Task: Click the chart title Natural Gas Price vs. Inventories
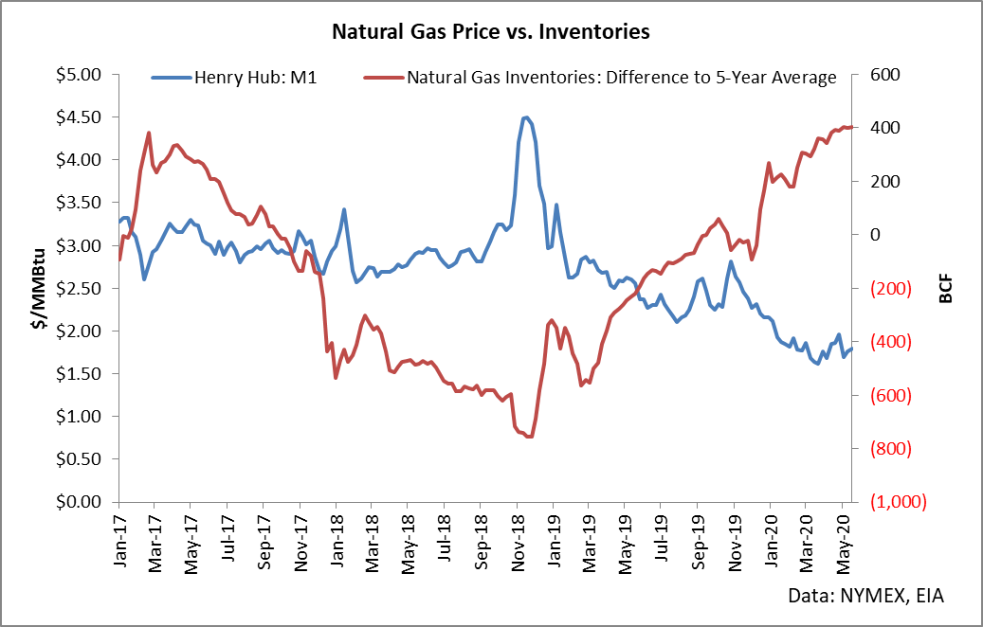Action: click(491, 31)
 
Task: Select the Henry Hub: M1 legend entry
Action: click(234, 78)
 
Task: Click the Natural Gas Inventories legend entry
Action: click(600, 78)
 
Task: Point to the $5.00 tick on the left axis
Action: click(79, 75)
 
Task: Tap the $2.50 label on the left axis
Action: click(79, 288)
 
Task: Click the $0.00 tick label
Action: click(79, 502)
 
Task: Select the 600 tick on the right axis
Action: click(885, 75)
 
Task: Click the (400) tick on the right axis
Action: click(890, 342)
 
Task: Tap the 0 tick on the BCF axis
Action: click(877, 235)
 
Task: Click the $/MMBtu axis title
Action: click(39, 289)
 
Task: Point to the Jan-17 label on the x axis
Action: click(119, 538)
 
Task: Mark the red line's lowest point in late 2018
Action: click(529, 437)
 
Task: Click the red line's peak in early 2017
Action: click(149, 133)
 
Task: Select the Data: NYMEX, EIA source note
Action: click(865, 595)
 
